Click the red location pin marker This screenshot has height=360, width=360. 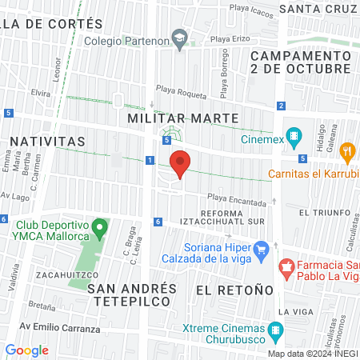coord(181,163)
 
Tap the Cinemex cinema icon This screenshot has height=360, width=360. coord(295,137)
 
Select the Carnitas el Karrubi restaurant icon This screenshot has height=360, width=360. coord(347,150)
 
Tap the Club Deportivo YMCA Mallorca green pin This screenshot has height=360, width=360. coord(99,229)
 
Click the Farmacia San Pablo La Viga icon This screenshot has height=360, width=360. coord(285,266)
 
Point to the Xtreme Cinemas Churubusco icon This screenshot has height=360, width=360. coord(276,330)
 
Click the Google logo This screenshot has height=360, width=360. coord(27,350)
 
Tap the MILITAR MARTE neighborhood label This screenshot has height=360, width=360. coord(183,118)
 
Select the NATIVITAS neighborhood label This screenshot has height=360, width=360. coord(47,141)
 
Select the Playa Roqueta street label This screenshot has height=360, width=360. coord(181,91)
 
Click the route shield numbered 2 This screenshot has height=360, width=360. coord(282,106)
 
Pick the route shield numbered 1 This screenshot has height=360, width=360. coord(150,161)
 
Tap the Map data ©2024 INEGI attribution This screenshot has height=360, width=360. coord(312,353)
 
